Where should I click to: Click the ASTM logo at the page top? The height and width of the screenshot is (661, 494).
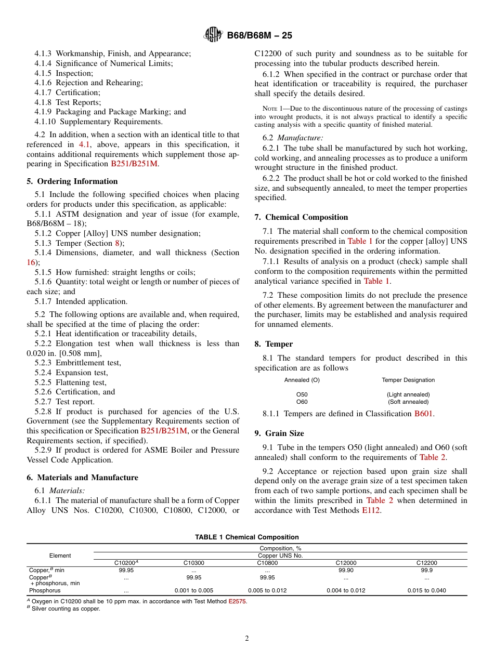(x=213, y=35)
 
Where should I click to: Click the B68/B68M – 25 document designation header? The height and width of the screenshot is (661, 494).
(x=259, y=35)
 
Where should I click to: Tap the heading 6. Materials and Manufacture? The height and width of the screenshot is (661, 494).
(x=82, y=478)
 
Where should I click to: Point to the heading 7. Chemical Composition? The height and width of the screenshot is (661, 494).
(x=301, y=217)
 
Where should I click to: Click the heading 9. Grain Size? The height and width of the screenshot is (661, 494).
(x=279, y=433)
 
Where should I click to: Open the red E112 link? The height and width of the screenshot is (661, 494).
(x=371, y=510)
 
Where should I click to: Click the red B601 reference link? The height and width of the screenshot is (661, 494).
(x=423, y=414)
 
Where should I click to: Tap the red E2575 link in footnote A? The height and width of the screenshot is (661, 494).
(x=237, y=601)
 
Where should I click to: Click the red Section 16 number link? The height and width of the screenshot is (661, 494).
(x=31, y=262)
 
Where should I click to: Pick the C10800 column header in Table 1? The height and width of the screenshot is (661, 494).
(x=267, y=563)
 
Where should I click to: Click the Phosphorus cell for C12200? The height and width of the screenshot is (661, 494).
(x=426, y=590)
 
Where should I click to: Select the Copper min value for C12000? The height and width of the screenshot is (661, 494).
(x=346, y=570)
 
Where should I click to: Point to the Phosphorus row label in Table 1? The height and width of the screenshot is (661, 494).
(x=45, y=590)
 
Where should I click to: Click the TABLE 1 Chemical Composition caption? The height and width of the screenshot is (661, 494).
(x=246, y=537)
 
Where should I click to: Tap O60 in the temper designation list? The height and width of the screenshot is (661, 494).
(x=302, y=402)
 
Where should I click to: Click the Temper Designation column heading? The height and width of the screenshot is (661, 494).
(x=408, y=380)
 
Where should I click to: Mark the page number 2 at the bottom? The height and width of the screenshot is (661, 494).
(x=247, y=639)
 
